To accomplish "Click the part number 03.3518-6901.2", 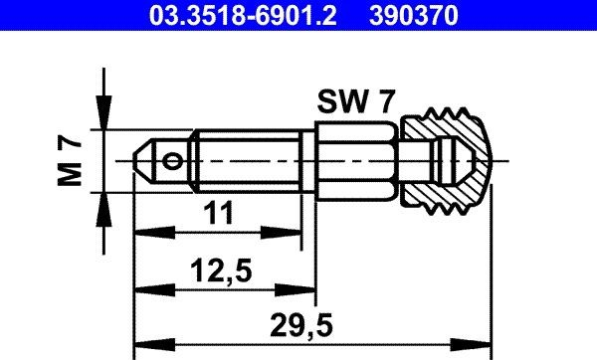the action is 243,16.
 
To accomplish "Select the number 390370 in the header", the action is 414,16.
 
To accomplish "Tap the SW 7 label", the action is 356,101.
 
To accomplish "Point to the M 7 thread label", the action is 70,161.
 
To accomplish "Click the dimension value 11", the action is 219,213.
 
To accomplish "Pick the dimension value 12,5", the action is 221,270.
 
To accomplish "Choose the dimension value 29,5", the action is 301,325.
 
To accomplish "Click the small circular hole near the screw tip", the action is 171,161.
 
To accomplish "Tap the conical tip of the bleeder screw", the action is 144,161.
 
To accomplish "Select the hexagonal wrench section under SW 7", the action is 357,161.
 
